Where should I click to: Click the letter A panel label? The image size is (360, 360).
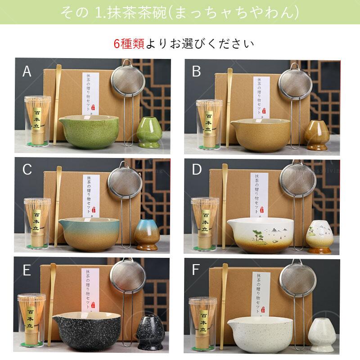(x=27, y=72)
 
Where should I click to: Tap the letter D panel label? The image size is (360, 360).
(x=197, y=170)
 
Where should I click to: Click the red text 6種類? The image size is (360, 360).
(x=128, y=44)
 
